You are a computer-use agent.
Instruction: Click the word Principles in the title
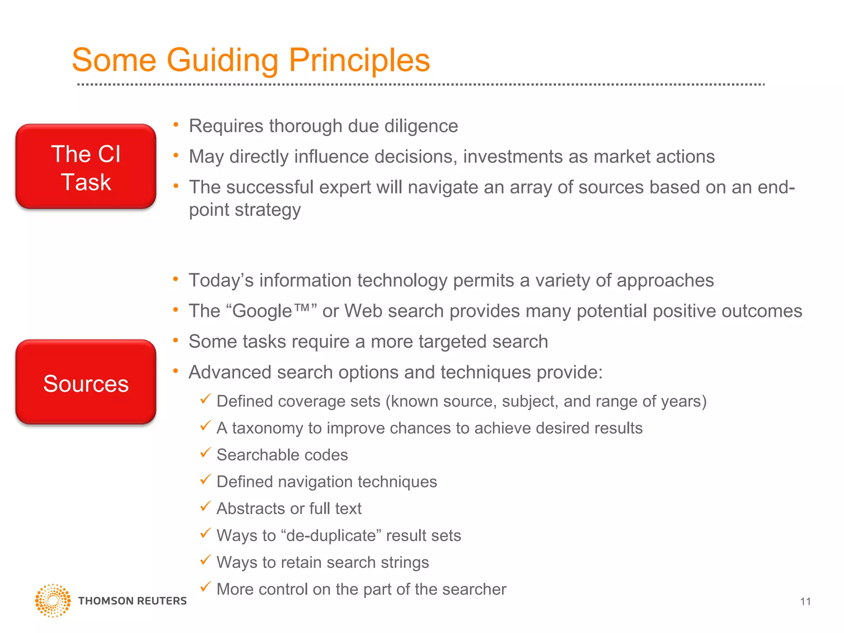[359, 61]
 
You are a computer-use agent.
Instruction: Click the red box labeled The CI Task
[86, 166]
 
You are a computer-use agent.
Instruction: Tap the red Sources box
[86, 382]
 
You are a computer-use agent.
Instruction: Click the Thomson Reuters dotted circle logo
[53, 600]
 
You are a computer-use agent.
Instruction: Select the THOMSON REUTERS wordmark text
[132, 601]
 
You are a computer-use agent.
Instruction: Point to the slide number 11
[805, 602]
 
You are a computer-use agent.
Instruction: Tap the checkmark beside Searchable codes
[205, 453]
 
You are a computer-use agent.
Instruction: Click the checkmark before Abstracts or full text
[205, 506]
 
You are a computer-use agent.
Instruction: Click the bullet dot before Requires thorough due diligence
[176, 125]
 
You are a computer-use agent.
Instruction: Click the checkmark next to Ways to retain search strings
[205, 560]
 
